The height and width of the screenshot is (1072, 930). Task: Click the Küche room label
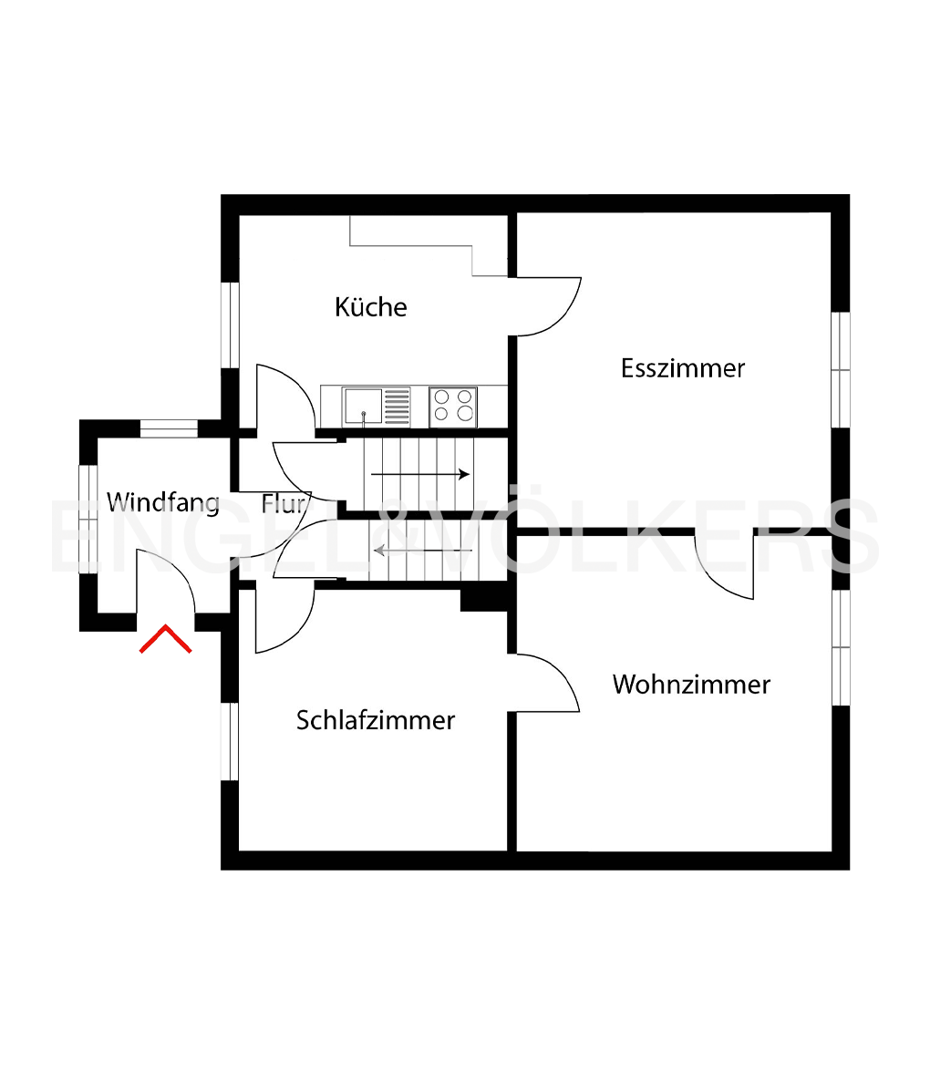(x=370, y=307)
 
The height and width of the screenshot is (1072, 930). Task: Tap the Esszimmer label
(x=683, y=368)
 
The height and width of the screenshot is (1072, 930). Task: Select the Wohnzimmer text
(x=691, y=685)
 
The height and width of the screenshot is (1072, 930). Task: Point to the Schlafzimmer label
(x=376, y=720)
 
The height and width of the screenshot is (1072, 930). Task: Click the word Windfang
(x=163, y=502)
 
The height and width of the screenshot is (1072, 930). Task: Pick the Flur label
(x=282, y=502)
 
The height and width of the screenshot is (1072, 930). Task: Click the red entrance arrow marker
(x=165, y=639)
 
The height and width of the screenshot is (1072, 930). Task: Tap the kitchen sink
(x=363, y=407)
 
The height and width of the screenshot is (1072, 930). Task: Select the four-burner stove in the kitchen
(x=453, y=407)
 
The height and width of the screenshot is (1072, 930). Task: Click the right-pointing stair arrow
(x=420, y=474)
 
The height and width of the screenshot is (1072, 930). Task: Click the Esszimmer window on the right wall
(x=841, y=369)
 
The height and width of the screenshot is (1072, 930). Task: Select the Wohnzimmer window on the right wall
(x=841, y=647)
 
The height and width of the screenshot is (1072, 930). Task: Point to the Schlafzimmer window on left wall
(x=230, y=741)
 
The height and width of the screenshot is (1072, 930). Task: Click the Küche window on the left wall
(x=230, y=325)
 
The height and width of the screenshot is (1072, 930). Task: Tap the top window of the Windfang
(x=169, y=428)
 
